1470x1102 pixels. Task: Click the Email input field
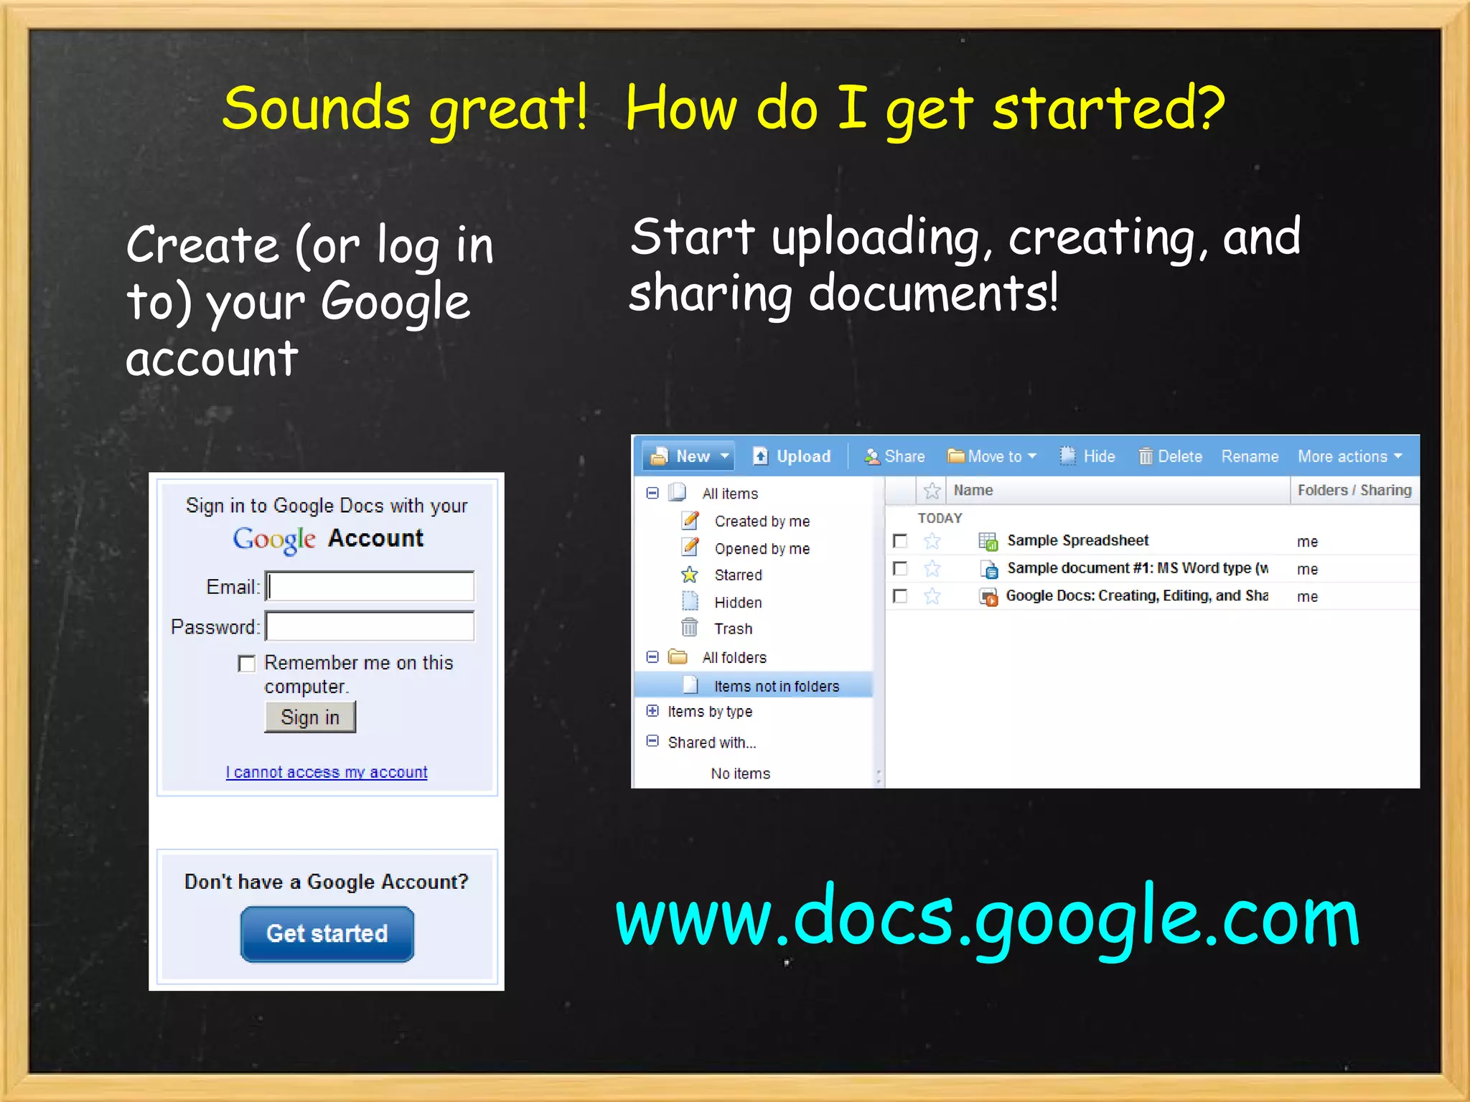370,586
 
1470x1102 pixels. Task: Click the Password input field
370,626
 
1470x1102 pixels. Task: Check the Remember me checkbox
247,664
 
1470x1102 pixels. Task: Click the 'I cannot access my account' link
327,773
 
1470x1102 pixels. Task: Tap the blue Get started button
327,933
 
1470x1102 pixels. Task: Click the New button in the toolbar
688,456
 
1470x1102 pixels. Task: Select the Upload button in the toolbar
792,456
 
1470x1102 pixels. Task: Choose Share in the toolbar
895,456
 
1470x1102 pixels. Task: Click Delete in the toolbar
1171,456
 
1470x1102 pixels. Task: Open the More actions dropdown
1349,456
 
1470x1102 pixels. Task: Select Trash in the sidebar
733,629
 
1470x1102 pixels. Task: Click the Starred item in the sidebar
738,575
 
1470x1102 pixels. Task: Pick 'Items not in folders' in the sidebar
776,687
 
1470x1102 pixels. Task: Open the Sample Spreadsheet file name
1077,541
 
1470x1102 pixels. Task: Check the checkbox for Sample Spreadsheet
900,541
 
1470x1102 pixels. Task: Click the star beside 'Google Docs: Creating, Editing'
932,596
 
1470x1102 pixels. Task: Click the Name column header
973,491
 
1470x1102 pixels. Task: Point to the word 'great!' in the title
508,110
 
